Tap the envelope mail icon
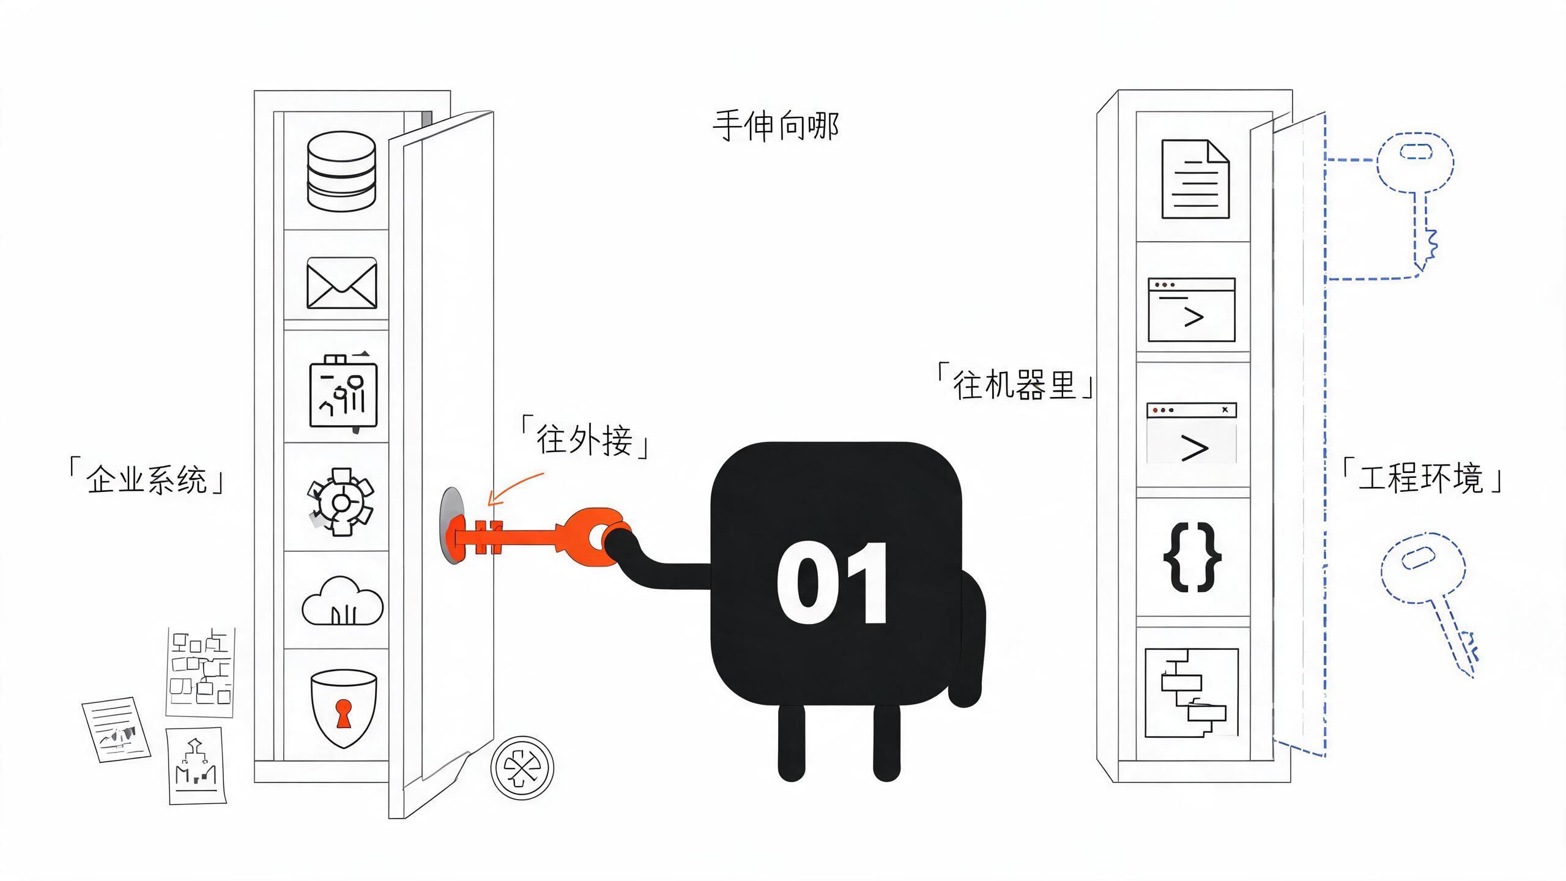click(x=341, y=283)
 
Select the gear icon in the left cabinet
click(x=340, y=502)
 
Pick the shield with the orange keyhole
click(x=343, y=708)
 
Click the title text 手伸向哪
click(x=776, y=126)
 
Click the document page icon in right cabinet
click(x=1195, y=179)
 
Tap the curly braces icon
click(x=1192, y=556)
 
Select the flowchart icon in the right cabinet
click(x=1192, y=693)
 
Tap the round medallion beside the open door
click(x=522, y=767)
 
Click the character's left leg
click(x=791, y=743)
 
